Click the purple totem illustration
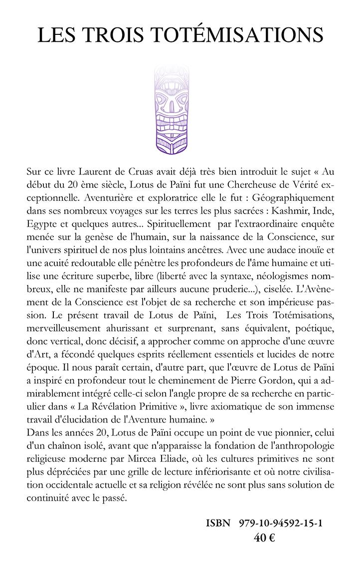[171, 109]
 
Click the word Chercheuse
[236, 185]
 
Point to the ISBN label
[218, 523]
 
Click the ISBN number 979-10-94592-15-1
[281, 523]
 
